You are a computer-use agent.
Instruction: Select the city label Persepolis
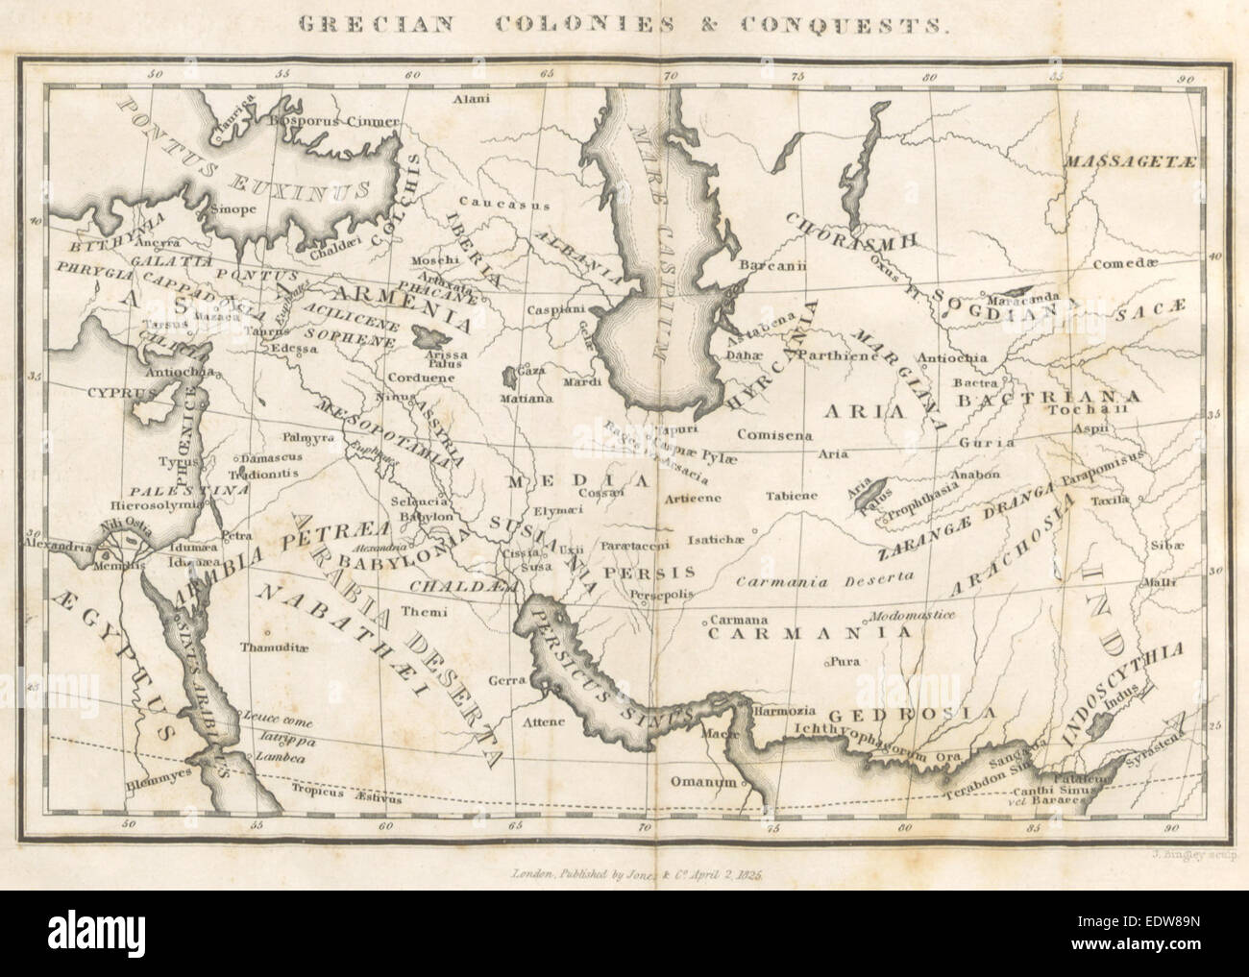[661, 595]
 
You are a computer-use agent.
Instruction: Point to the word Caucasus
[516, 203]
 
